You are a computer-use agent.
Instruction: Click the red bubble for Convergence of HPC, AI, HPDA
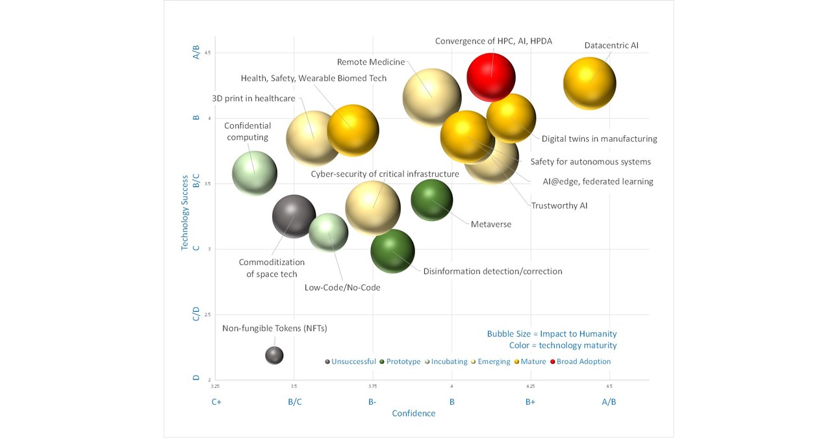point(490,77)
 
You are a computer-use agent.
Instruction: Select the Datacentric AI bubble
point(589,83)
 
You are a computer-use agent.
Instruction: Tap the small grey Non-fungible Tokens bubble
point(274,355)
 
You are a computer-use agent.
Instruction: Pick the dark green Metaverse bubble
point(431,200)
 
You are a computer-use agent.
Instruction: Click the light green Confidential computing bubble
point(254,173)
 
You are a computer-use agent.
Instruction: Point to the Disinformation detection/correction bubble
point(392,251)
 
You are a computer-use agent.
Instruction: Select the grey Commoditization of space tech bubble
point(294,216)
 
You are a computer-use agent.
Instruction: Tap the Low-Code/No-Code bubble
point(328,232)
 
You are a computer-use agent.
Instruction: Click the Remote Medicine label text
point(370,62)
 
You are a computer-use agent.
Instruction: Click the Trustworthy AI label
point(559,205)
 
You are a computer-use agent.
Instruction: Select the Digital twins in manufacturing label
point(599,138)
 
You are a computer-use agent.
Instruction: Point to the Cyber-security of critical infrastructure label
point(385,174)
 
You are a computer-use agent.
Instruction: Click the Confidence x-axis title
point(413,413)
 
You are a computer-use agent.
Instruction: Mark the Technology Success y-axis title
point(184,213)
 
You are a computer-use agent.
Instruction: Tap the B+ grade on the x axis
point(530,402)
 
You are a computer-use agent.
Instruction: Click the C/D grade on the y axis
point(196,315)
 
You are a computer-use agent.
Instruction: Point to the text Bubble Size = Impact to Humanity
point(552,334)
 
